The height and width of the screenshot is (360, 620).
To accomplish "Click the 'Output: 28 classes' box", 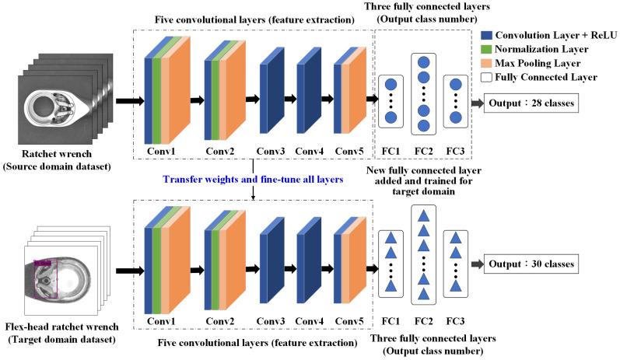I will click(x=531, y=102).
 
